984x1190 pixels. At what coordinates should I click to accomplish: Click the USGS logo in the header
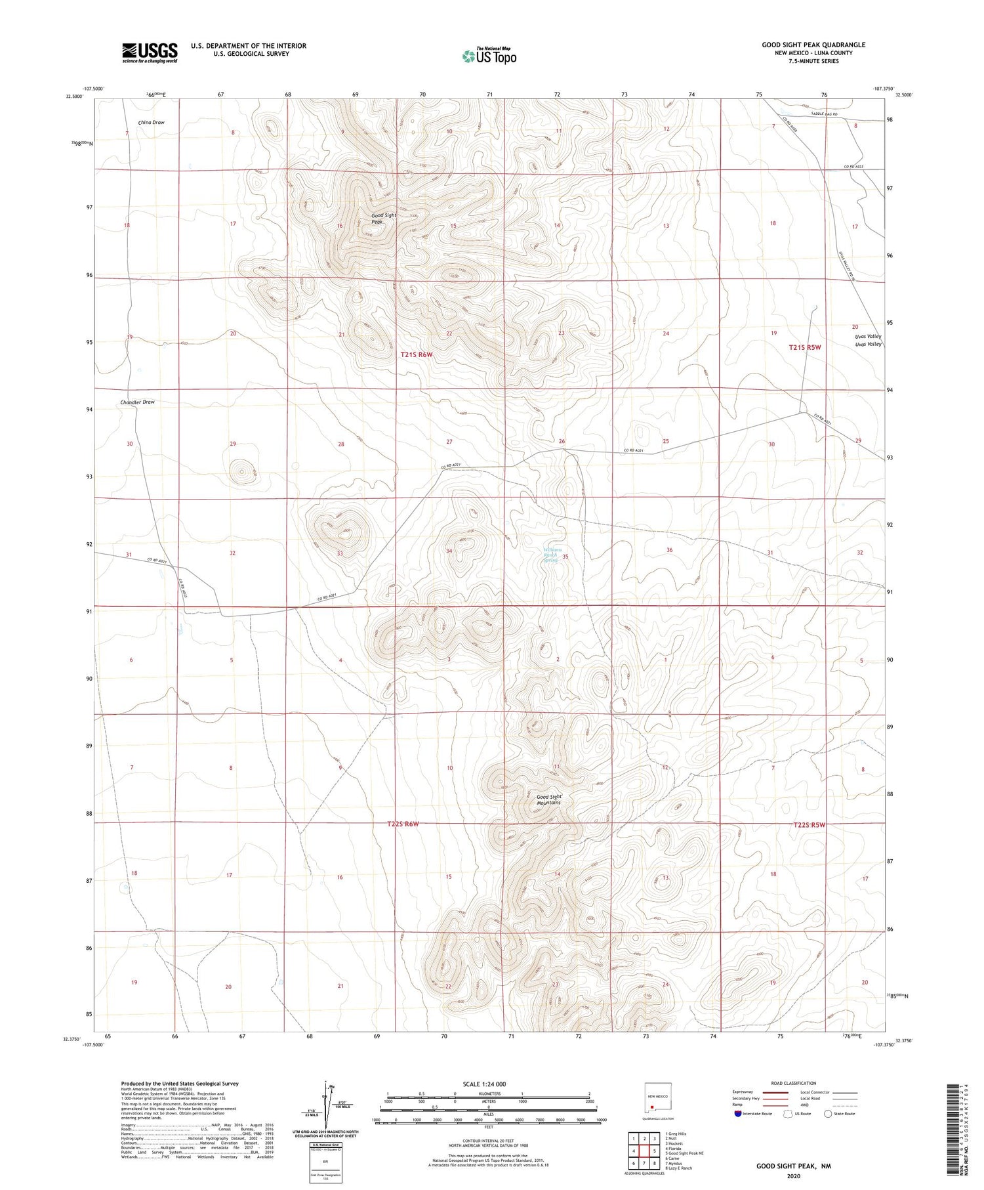[150, 53]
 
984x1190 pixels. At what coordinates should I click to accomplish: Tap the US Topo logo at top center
[489, 56]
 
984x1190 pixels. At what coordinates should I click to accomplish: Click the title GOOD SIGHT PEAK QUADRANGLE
[813, 45]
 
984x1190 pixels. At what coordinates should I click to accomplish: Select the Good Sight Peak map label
[384, 219]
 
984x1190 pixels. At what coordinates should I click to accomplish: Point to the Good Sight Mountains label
[548, 799]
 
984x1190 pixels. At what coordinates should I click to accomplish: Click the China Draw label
[151, 123]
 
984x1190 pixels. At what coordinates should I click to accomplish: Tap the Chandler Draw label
[137, 402]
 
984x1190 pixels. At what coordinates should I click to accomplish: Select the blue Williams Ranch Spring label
[552, 555]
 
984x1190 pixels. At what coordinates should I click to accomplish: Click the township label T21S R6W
[417, 354]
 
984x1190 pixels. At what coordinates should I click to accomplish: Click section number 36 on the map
[669, 550]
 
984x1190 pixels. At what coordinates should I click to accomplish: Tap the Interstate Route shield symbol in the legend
[737, 1114]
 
